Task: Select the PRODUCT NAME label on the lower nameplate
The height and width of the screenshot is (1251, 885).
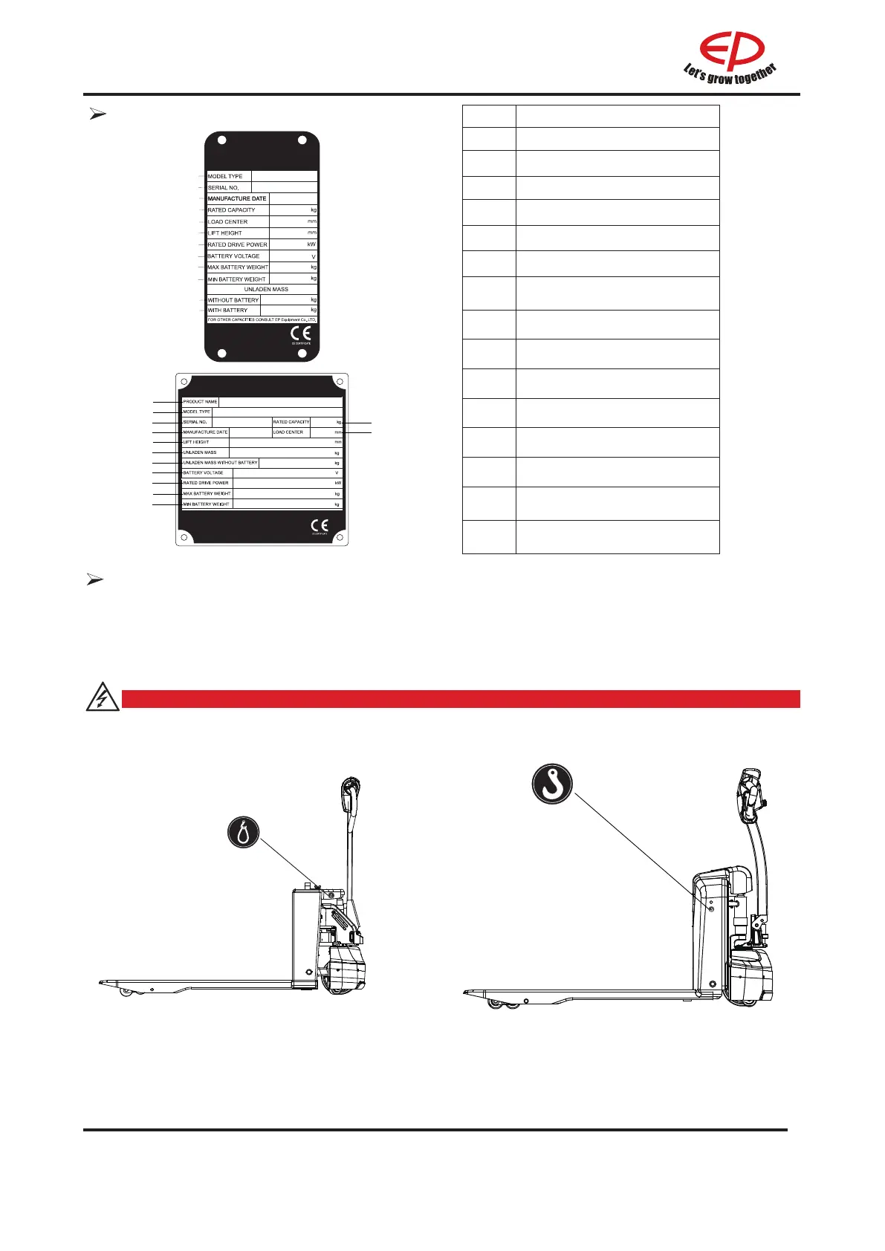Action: pyautogui.click(x=200, y=402)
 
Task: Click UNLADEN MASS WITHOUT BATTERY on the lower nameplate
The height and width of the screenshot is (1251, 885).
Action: pyautogui.click(x=221, y=463)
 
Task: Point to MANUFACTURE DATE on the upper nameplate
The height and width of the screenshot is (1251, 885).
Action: pyautogui.click(x=237, y=199)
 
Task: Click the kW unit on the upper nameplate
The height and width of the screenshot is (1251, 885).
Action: pyautogui.click(x=311, y=244)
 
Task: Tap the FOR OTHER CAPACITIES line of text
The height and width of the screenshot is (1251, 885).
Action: pyautogui.click(x=262, y=320)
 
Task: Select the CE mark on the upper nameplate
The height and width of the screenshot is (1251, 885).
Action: pyautogui.click(x=300, y=334)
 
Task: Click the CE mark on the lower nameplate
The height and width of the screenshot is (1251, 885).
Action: pyautogui.click(x=320, y=526)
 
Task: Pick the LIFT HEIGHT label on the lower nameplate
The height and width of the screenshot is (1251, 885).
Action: pyautogui.click(x=196, y=442)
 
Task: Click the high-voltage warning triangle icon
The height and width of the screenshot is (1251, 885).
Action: pyautogui.click(x=103, y=698)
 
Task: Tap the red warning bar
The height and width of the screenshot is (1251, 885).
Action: pyautogui.click(x=461, y=699)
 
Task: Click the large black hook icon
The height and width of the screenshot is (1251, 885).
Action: pyautogui.click(x=553, y=783)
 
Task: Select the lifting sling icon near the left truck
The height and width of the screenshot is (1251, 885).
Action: pyautogui.click(x=243, y=832)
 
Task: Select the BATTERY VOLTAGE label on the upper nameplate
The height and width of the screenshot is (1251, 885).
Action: pyautogui.click(x=233, y=256)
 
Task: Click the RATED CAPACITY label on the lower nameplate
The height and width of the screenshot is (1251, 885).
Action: pyautogui.click(x=291, y=422)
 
